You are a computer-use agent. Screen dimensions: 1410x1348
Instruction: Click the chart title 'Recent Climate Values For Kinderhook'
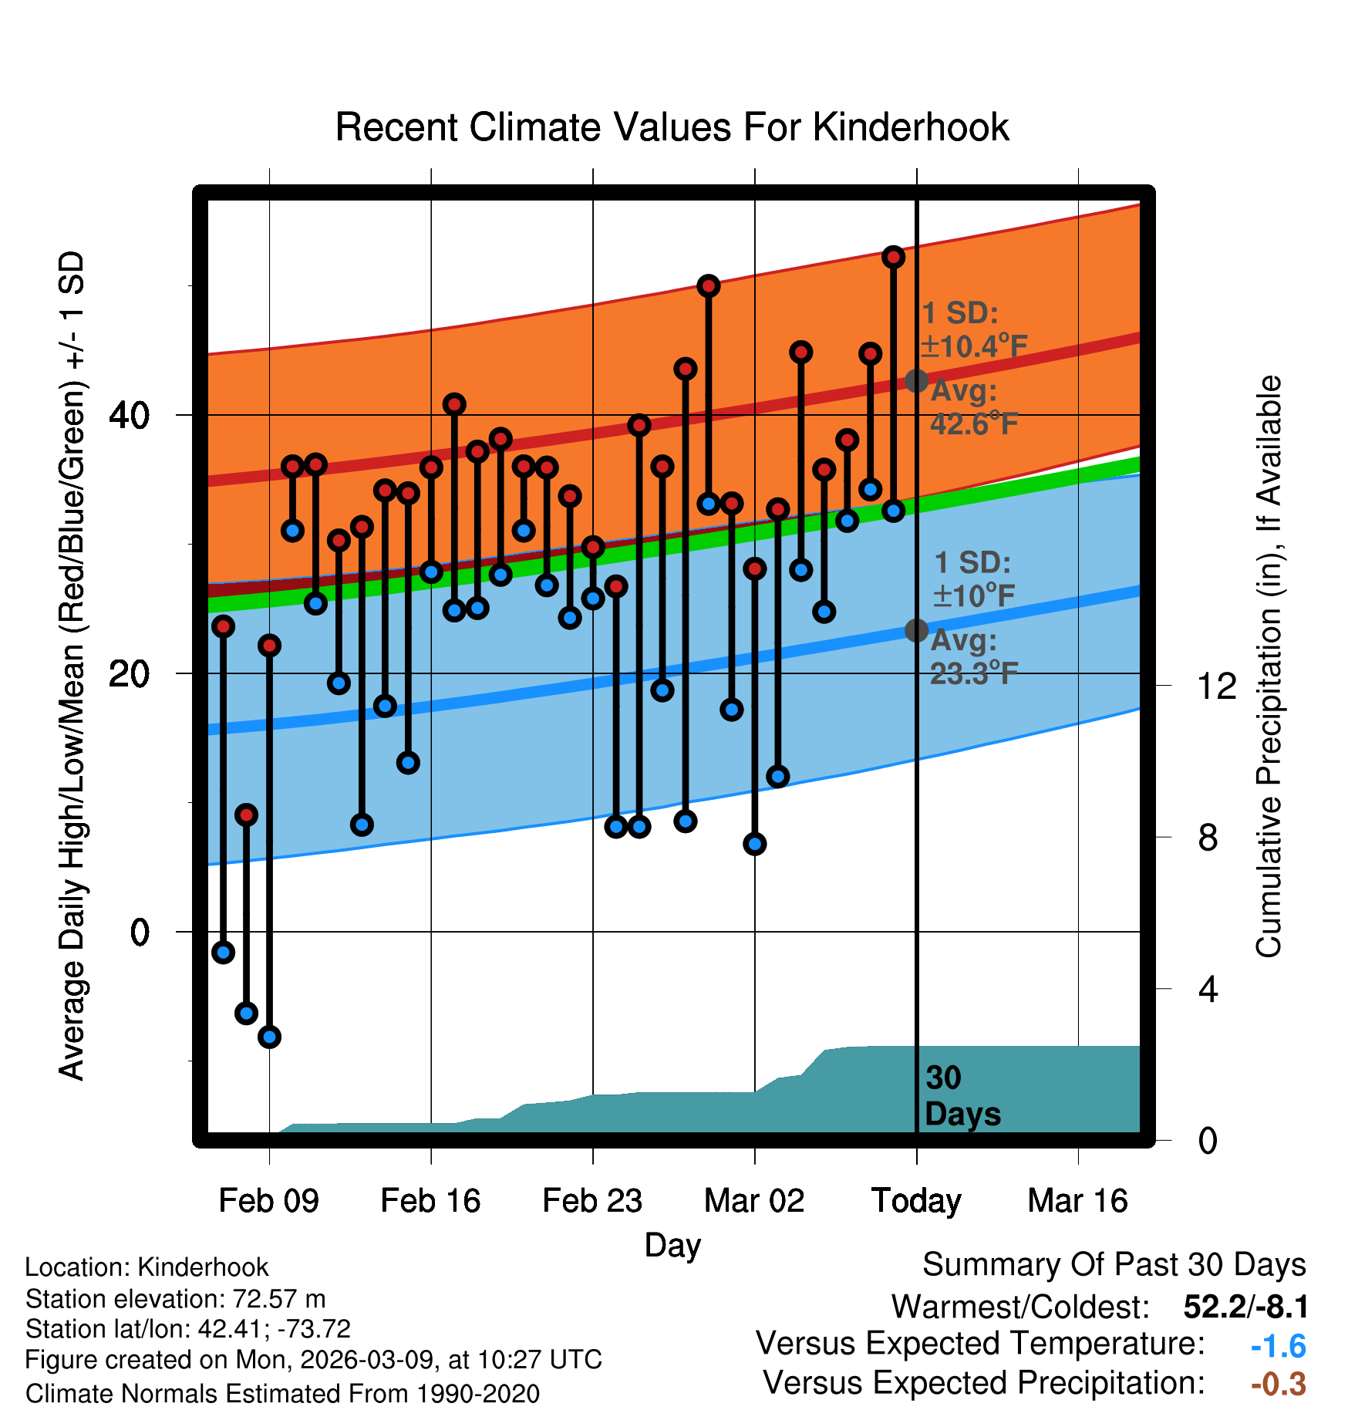[x=672, y=127]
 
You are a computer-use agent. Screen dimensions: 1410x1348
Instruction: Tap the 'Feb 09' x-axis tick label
[x=268, y=1201]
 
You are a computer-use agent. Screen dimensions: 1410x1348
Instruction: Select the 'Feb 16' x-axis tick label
[x=430, y=1201]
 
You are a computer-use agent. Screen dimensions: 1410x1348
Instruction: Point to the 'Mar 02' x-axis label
[x=754, y=1201]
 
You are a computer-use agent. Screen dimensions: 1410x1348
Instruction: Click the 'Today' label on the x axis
[x=916, y=1201]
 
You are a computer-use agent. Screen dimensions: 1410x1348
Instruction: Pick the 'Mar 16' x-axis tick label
[x=1077, y=1201]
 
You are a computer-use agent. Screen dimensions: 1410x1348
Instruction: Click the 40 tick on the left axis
[x=129, y=416]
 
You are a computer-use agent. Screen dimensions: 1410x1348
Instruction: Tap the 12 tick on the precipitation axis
[x=1216, y=686]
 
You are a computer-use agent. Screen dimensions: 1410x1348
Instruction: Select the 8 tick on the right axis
[x=1208, y=838]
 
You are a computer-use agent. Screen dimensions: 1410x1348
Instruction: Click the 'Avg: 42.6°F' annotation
[x=973, y=407]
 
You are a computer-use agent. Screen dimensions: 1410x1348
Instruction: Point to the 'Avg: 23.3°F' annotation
[x=973, y=657]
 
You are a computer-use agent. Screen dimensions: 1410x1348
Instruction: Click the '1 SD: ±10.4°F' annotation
[x=973, y=330]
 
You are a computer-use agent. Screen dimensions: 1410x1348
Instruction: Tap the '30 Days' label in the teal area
[x=962, y=1096]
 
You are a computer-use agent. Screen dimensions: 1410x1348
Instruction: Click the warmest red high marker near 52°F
[x=893, y=257]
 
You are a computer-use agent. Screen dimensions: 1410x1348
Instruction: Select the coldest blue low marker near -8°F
[x=269, y=1037]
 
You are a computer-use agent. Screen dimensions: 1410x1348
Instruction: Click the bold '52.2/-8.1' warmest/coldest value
[x=1245, y=1307]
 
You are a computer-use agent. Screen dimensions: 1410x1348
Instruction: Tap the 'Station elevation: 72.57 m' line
[x=175, y=1299]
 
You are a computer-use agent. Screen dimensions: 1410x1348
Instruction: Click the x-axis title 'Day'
[x=672, y=1245]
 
